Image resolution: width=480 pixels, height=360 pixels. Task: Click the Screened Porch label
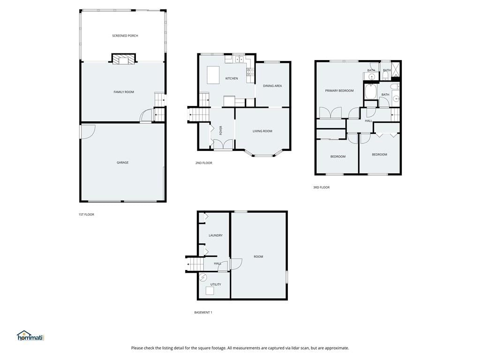click(125, 36)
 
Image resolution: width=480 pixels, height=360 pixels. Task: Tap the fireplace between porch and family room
click(123, 59)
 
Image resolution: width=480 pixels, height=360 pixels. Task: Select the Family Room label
click(124, 92)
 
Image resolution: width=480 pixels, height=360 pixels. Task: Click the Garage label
click(122, 163)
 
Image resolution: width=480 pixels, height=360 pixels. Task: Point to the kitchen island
click(213, 75)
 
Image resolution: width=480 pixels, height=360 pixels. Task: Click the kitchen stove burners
click(250, 72)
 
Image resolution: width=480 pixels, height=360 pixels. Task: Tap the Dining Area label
click(272, 86)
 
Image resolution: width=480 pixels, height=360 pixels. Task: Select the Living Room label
click(262, 131)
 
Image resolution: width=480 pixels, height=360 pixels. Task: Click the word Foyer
click(221, 130)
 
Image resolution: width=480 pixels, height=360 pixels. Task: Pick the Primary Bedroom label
click(339, 90)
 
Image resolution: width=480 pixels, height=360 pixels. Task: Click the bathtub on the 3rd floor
click(371, 91)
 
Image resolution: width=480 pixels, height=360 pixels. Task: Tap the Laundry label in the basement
click(216, 235)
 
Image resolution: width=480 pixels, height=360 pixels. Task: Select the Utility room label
click(216, 285)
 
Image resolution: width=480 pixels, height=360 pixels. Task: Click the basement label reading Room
click(258, 256)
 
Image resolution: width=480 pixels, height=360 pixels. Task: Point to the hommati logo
click(30, 336)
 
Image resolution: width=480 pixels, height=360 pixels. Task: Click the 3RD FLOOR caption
click(322, 187)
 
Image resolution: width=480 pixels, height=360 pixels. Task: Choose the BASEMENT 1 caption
click(203, 313)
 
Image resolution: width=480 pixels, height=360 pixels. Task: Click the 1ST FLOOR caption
click(86, 215)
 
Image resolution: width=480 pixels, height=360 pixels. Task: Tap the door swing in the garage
click(89, 132)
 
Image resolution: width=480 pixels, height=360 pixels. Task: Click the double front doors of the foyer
click(223, 144)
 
